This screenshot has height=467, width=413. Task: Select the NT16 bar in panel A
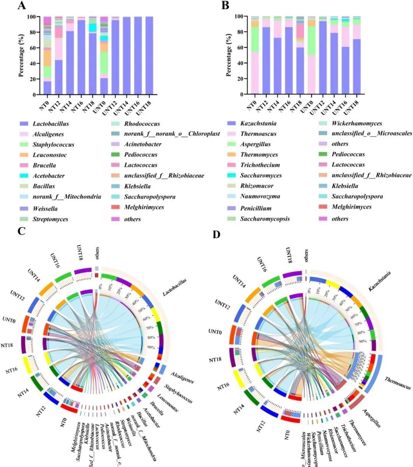[81, 57]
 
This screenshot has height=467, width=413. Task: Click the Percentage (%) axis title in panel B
[229, 55]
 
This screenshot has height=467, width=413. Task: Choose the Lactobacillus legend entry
[50, 124]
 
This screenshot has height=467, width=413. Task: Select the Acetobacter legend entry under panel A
[48, 176]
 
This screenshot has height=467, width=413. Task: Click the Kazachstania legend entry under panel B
[258, 123]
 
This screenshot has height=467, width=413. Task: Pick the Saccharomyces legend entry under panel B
[261, 175]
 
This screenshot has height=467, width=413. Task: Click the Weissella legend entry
[45, 209]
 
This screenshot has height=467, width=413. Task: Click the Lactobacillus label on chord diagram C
[174, 287]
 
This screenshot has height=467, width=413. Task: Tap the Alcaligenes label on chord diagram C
[182, 378]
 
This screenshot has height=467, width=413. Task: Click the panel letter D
[216, 234]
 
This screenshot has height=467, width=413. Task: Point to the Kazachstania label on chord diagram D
[379, 281]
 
